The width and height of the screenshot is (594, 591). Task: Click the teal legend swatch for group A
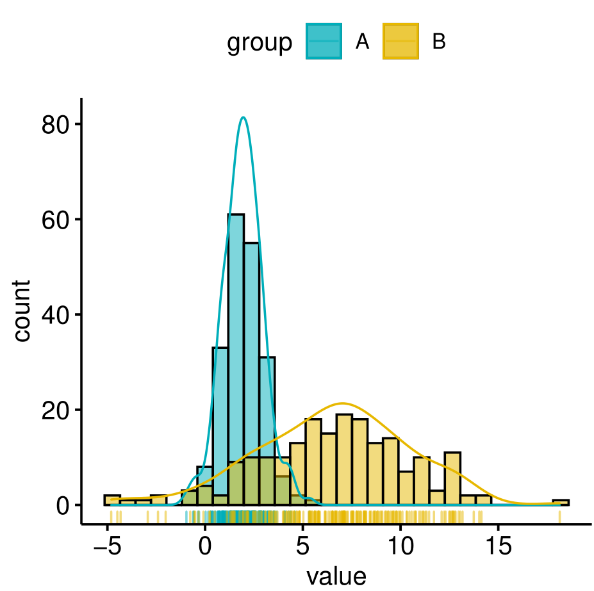(324, 41)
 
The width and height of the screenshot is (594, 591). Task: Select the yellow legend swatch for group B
(400, 41)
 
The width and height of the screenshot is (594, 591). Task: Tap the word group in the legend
(260, 42)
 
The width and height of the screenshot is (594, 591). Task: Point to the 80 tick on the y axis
(55, 124)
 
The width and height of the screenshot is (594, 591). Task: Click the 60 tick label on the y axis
(55, 220)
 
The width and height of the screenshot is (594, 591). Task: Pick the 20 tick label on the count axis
(55, 410)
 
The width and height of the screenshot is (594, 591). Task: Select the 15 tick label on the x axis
(499, 546)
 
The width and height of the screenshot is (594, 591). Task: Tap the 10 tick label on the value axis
(400, 546)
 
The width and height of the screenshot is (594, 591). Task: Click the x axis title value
(336, 576)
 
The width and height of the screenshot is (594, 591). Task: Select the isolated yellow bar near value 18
(561, 503)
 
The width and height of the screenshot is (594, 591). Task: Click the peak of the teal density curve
(243, 118)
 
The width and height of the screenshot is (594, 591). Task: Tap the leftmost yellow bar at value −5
(112, 500)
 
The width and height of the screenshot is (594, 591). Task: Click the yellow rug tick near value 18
(559, 517)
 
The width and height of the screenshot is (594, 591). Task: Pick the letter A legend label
(363, 42)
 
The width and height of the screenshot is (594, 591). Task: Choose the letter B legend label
(439, 42)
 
